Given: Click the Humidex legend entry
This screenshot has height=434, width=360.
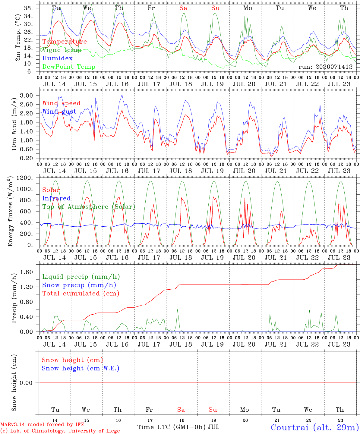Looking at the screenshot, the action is coord(57,58).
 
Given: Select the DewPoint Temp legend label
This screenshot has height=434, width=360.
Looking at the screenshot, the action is coord(69,67).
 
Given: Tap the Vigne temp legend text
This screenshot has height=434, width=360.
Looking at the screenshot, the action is coord(62,50).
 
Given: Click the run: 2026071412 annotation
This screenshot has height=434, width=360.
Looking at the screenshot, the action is coord(325,67).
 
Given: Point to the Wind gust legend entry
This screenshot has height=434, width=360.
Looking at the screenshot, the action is coord(59,112).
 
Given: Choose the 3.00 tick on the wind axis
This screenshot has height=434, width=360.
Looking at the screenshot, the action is coord(27,96).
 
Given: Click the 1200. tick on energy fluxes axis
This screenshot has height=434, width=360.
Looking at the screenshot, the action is coord(25,178).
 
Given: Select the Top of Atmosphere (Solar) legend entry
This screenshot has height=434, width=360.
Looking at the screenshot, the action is coord(89,207).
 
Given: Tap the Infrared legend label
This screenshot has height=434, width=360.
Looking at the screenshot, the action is coord(56,198).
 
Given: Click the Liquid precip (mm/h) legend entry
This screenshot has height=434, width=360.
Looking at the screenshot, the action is coord(81,277).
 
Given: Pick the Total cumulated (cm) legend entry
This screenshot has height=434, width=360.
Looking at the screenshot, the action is coord(81,293).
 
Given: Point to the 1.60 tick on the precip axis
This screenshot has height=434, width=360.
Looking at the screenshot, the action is coord(27,272).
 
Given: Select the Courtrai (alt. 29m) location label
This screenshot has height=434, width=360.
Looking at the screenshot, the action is coord(315,427).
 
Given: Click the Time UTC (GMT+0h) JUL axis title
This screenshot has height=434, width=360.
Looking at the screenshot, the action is coord(178,427).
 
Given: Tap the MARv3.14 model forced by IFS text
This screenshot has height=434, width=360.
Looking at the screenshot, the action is coord(42,424).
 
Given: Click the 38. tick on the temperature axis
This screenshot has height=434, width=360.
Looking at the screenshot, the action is coord(28,8).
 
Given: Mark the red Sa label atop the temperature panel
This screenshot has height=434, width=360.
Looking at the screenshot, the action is coord(183,8).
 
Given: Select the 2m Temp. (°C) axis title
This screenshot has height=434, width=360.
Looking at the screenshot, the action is coord(18,38).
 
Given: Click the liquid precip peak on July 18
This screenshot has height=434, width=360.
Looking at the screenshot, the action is coord(177,310).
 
